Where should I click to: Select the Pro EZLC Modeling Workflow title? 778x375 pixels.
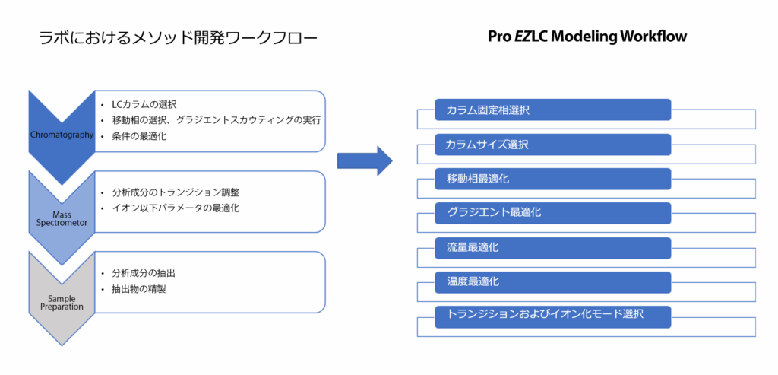pyautogui.click(x=587, y=37)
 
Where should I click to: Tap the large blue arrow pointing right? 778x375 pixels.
pyautogui.click(x=364, y=160)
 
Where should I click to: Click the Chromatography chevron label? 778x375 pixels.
pyautogui.click(x=62, y=135)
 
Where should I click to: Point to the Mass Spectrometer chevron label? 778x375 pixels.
pyautogui.click(x=62, y=219)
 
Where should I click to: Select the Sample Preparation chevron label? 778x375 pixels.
pyautogui.click(x=62, y=303)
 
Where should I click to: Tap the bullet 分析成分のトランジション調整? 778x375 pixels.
pyautogui.click(x=180, y=192)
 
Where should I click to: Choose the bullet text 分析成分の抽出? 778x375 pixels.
pyautogui.click(x=148, y=272)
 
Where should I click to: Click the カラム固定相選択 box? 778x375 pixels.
pyautogui.click(x=552, y=110)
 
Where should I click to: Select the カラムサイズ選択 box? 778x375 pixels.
pyautogui.click(x=552, y=145)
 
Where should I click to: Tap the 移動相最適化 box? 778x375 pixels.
pyautogui.click(x=552, y=179)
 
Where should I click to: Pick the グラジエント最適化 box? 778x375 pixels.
pyautogui.click(x=552, y=213)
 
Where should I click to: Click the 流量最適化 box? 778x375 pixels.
pyautogui.click(x=552, y=248)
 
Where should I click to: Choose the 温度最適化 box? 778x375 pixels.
pyautogui.click(x=552, y=282)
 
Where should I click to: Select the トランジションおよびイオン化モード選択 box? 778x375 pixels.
pyautogui.click(x=552, y=316)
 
